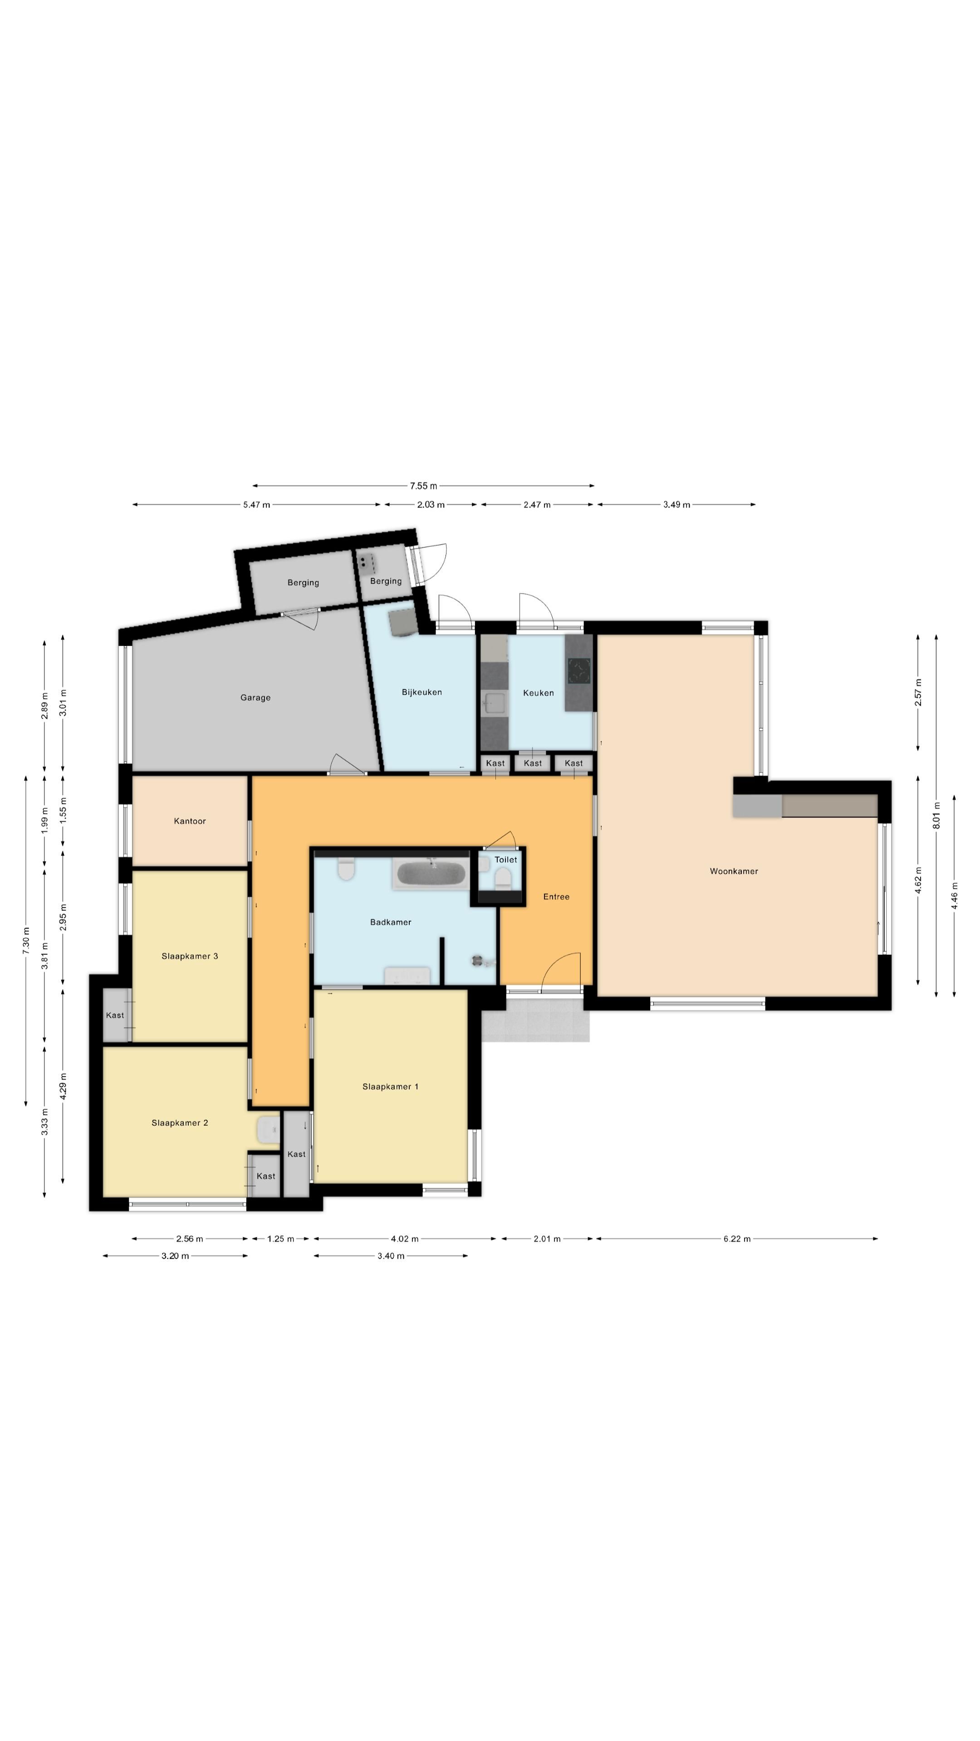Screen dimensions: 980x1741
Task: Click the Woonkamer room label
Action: click(x=733, y=871)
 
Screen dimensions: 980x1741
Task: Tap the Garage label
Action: click(x=255, y=697)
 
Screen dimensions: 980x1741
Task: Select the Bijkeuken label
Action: click(x=421, y=692)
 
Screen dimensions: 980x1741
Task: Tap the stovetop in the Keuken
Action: click(x=578, y=671)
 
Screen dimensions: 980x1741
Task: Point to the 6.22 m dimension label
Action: click(x=736, y=1239)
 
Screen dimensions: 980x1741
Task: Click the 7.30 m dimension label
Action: click(x=26, y=941)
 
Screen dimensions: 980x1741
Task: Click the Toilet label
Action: click(x=505, y=860)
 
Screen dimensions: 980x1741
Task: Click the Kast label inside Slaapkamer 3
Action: click(x=114, y=1015)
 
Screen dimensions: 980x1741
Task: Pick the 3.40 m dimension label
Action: click(x=391, y=1256)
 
